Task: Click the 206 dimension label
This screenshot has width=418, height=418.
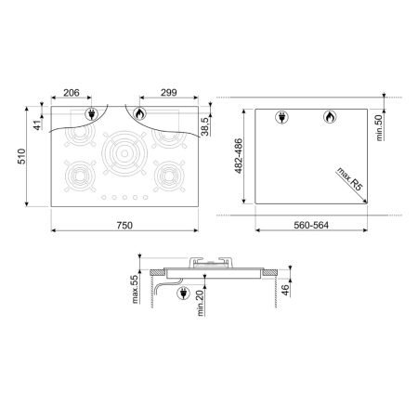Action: tap(72, 93)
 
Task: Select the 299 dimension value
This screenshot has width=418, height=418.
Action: tap(169, 92)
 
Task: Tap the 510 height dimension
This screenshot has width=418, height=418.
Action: tap(21, 156)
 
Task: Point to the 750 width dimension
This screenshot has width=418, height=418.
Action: tap(124, 225)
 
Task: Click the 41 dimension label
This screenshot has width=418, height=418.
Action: tap(37, 125)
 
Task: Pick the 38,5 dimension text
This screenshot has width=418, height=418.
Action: tap(204, 126)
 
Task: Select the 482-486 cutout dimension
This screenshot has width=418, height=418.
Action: tap(239, 156)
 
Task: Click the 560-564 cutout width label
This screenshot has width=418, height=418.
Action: tap(311, 225)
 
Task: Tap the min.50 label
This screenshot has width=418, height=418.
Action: tap(379, 127)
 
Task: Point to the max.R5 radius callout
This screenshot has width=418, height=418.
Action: tap(349, 179)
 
